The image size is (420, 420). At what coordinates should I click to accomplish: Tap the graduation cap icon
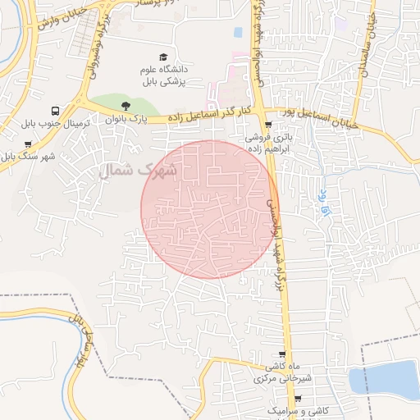point(163,57)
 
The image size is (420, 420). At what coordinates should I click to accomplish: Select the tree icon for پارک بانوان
point(125,106)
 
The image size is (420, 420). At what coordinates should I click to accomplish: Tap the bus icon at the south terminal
point(55,111)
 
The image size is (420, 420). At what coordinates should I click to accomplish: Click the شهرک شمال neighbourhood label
point(138,170)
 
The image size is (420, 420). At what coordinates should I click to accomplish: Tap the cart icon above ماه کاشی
point(284,354)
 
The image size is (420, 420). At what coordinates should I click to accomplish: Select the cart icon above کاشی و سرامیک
point(297,399)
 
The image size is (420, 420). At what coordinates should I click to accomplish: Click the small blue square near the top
point(238,33)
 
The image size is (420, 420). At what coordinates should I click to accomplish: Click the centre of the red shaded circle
point(210,209)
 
